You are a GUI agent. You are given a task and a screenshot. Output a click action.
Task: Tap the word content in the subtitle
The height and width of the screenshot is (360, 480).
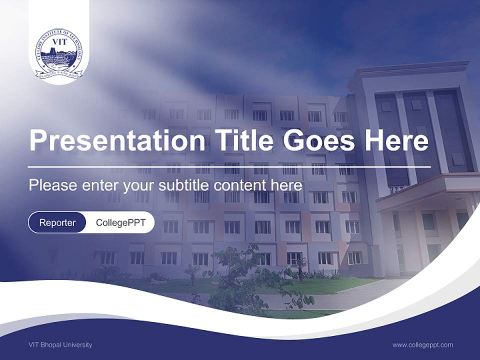[240, 185]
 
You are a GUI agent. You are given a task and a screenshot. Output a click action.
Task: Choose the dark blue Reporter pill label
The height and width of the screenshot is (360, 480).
[57, 222]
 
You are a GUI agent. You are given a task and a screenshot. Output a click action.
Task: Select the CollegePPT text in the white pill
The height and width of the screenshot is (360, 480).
[120, 222]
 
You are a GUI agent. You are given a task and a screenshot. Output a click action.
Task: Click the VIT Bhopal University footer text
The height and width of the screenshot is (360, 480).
[60, 344]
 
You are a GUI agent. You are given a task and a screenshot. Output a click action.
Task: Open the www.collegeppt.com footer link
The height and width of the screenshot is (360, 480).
[422, 344]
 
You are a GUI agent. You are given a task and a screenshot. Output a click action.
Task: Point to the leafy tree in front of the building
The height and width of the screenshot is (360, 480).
[240, 280]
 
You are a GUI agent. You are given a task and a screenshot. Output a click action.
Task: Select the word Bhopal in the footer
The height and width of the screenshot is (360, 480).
[50, 344]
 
